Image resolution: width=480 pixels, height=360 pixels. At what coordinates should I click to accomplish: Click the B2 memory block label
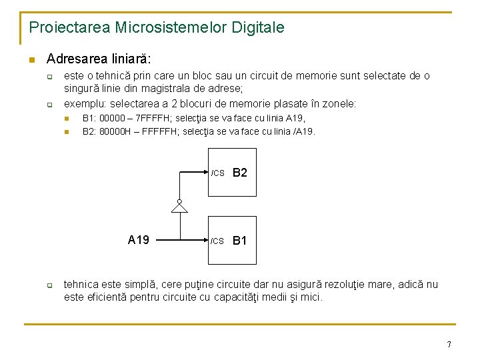pos(240,173)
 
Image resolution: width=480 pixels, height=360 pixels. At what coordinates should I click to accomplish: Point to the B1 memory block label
pos(240,240)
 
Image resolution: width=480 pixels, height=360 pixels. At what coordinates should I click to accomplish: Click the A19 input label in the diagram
pos(138,239)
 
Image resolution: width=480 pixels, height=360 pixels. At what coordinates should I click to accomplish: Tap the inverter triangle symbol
pos(179,207)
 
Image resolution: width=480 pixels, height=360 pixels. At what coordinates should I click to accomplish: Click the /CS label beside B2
pos(218,173)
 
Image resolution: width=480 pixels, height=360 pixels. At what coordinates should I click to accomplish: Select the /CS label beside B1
pos(218,241)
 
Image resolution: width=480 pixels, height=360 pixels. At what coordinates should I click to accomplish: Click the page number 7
pos(449,344)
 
